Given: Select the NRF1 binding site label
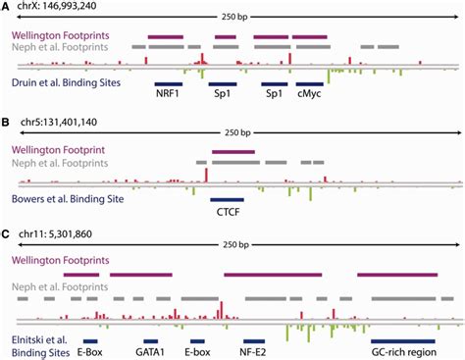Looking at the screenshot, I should coord(167,98).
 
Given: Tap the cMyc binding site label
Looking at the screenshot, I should coord(308,98).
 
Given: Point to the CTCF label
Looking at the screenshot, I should coord(226,211).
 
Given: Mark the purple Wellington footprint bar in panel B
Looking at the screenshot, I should coord(233,151).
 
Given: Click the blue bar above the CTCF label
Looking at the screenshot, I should coord(226,199).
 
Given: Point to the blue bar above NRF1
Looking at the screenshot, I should coord(168,83).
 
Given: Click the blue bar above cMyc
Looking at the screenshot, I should coord(309,83).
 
